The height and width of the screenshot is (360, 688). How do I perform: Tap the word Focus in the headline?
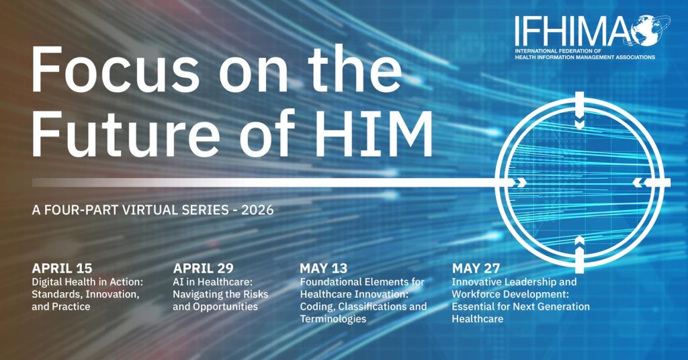116,71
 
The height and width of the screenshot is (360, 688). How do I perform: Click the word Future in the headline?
126,133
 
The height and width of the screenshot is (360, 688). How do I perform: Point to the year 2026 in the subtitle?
257,210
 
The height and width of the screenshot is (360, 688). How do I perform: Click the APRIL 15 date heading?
62,268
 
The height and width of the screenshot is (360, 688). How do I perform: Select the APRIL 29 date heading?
203,268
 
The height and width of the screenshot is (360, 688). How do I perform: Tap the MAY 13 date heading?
323,268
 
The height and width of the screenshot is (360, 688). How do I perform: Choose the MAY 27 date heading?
476,268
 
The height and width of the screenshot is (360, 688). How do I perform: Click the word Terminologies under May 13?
333,319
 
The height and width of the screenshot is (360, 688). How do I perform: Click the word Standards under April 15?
56,294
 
